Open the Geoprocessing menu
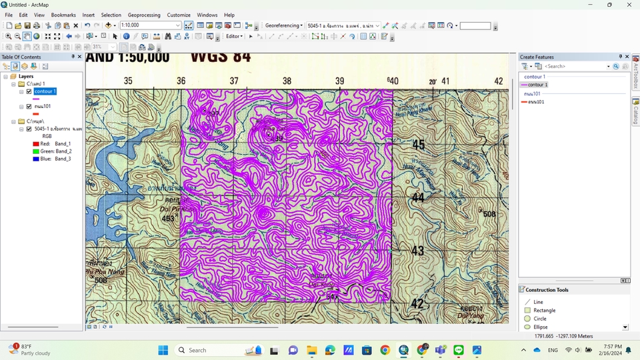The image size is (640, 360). [144, 15]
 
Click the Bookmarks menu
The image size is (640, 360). [63, 15]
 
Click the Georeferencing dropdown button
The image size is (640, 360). [283, 25]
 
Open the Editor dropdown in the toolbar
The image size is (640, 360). [235, 36]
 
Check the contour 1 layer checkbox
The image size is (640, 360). [29, 91]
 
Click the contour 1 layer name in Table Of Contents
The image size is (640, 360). [45, 91]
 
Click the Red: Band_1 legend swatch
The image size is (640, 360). [36, 143]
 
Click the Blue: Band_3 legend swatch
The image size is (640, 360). [36, 159]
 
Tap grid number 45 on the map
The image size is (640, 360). [418, 145]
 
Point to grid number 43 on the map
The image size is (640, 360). [417, 251]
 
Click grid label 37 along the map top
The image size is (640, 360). [234, 81]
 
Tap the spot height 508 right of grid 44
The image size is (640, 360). [489, 214]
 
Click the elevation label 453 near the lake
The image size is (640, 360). [168, 218]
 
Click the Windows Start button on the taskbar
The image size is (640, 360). [163, 350]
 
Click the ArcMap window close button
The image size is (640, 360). [627, 5]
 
